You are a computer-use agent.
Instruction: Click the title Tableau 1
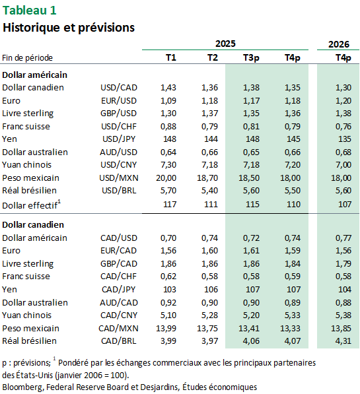click(x=29, y=11)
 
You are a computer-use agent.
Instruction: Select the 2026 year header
click(x=339, y=44)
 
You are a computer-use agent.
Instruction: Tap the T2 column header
click(x=213, y=57)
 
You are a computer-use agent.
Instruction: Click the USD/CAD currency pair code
click(x=119, y=87)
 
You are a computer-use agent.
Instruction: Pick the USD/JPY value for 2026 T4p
click(x=344, y=139)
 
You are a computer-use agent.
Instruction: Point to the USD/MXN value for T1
click(x=166, y=178)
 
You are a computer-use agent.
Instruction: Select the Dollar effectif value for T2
click(x=211, y=204)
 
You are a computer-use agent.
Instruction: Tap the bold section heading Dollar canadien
click(x=33, y=224)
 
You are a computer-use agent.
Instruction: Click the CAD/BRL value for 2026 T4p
click(x=343, y=341)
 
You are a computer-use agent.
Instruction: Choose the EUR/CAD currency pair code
click(x=119, y=251)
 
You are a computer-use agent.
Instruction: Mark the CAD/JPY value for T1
click(x=170, y=290)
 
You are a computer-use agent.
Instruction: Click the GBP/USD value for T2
click(x=209, y=114)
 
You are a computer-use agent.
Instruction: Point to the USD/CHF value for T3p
click(x=251, y=127)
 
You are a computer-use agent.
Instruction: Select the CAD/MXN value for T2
click(x=207, y=329)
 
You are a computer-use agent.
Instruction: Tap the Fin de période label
click(x=28, y=58)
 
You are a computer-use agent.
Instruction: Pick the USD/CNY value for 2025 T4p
click(x=293, y=165)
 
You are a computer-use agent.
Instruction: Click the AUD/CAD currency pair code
click(x=119, y=302)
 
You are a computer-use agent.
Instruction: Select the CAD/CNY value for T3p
click(x=251, y=315)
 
